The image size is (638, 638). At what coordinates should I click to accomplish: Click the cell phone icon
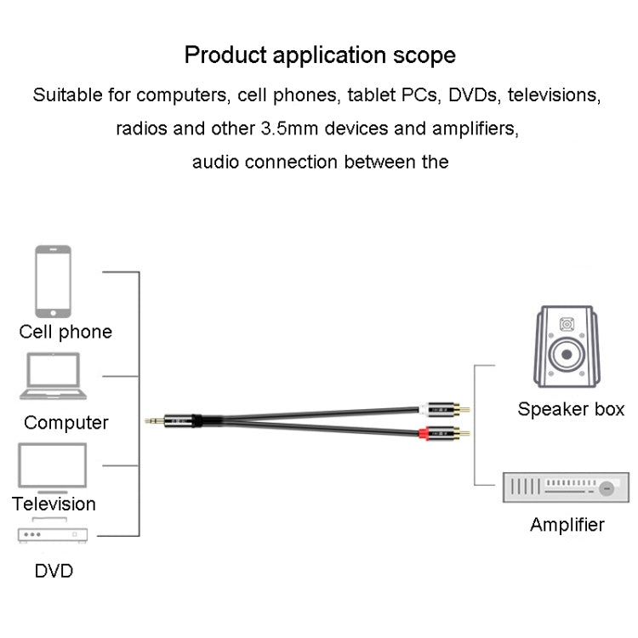pyautogui.click(x=53, y=282)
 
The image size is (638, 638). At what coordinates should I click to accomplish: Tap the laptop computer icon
pyautogui.click(x=53, y=377)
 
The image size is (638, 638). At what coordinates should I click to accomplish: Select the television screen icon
pyautogui.click(x=53, y=467)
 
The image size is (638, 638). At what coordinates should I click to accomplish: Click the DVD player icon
pyautogui.click(x=53, y=532)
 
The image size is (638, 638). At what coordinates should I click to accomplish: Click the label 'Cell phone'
pyautogui.click(x=66, y=332)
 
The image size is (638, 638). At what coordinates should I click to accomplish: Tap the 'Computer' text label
pyautogui.click(x=66, y=422)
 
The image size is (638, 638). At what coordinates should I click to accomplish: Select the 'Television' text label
pyautogui.click(x=54, y=504)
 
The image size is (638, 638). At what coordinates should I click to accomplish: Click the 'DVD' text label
pyautogui.click(x=54, y=570)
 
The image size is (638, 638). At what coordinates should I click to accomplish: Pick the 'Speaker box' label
pyautogui.click(x=571, y=409)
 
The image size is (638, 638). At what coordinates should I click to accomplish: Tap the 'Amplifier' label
pyautogui.click(x=567, y=525)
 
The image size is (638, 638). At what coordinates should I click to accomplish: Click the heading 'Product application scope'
pyautogui.click(x=320, y=56)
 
